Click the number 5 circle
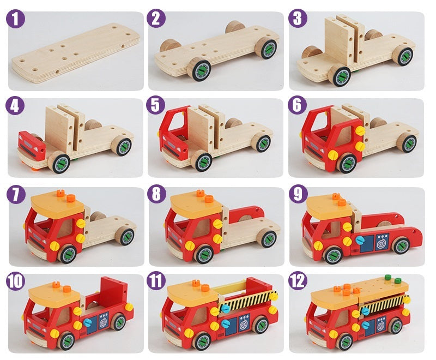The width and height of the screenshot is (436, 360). pos(156,105)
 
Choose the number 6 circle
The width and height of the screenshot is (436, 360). pos(297,105)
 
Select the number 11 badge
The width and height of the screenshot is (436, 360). pos(156,281)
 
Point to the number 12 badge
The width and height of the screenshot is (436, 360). pos(297,281)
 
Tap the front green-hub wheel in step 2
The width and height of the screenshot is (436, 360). pos(198,69)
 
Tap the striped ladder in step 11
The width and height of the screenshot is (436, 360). pos(248,302)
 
